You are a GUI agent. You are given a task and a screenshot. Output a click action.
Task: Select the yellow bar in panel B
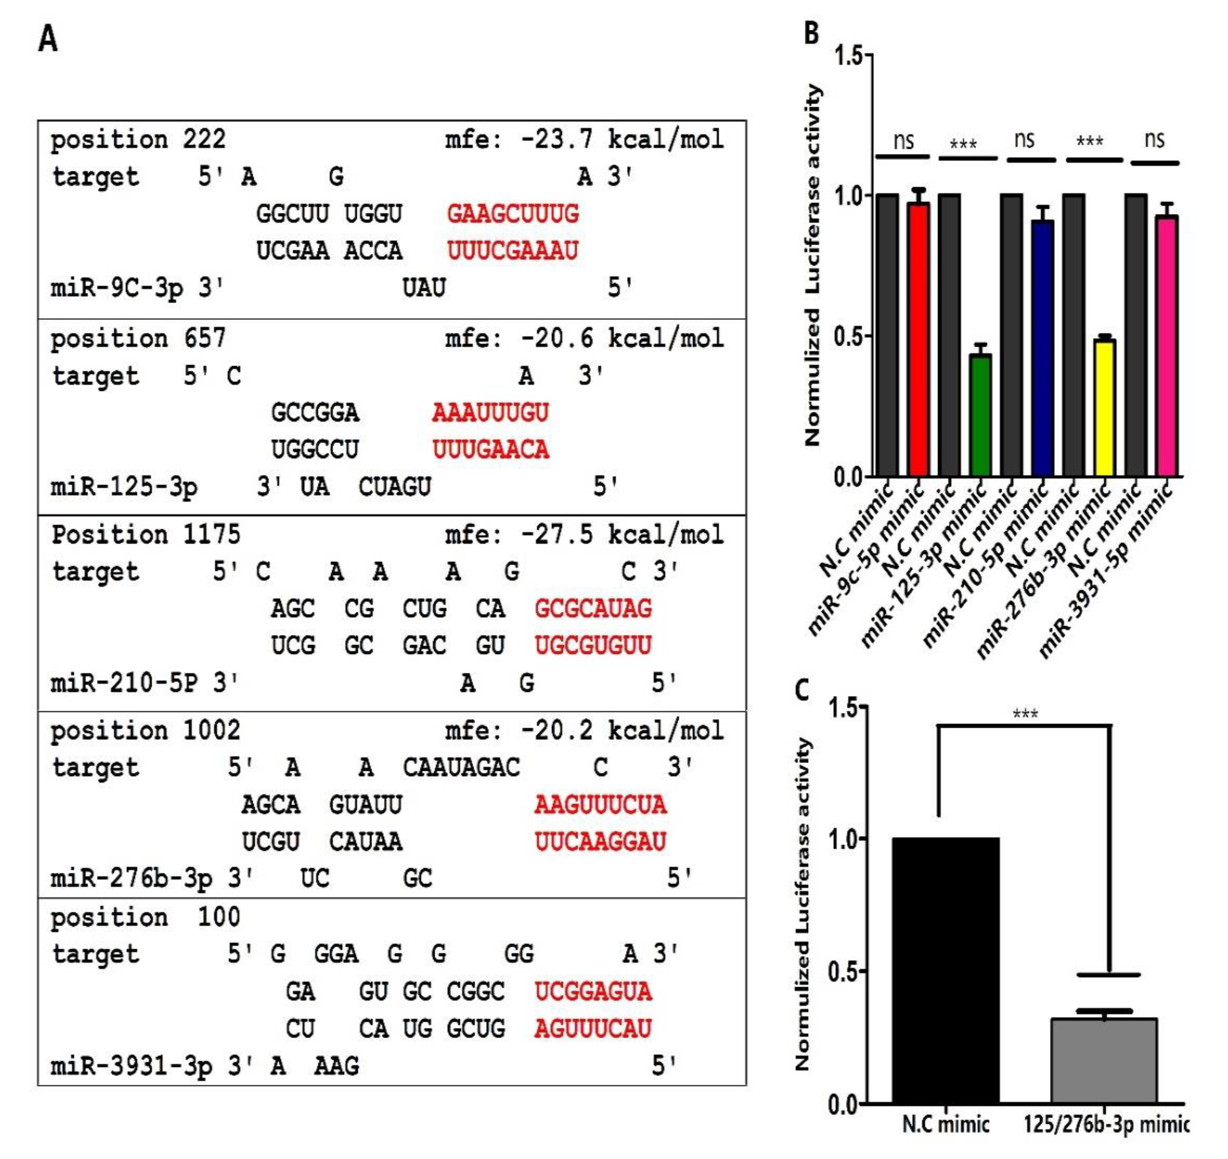1104,408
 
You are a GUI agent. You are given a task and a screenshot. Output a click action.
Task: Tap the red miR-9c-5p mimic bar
918,340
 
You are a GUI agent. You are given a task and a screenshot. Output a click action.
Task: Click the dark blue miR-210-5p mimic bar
1043,349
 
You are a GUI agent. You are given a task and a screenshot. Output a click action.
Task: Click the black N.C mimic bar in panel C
946,970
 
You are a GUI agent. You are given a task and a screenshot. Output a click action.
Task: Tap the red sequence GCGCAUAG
593,609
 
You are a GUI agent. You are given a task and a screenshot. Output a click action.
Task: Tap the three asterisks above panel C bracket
1025,714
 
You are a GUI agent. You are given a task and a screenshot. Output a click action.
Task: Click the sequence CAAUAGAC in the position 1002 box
461,768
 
